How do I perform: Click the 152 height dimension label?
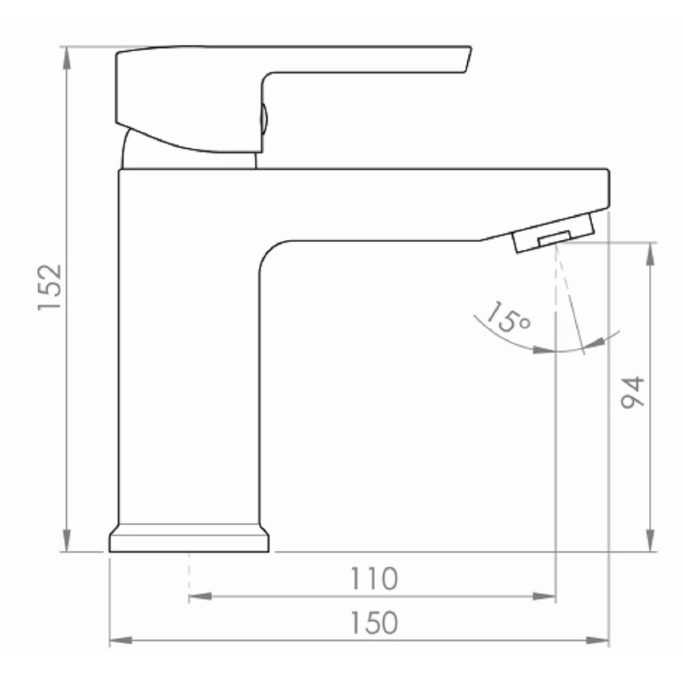coord(50,287)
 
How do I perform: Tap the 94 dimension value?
coord(632,392)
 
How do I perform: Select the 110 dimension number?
coord(374,579)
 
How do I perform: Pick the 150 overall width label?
coord(374,622)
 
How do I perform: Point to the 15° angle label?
coord(508,318)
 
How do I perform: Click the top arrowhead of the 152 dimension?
coord(67,57)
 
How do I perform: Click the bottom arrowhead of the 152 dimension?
coord(67,540)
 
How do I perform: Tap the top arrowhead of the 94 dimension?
coord(650,253)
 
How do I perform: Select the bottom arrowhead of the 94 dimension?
coord(650,540)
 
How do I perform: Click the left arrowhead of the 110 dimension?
coord(200,596)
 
